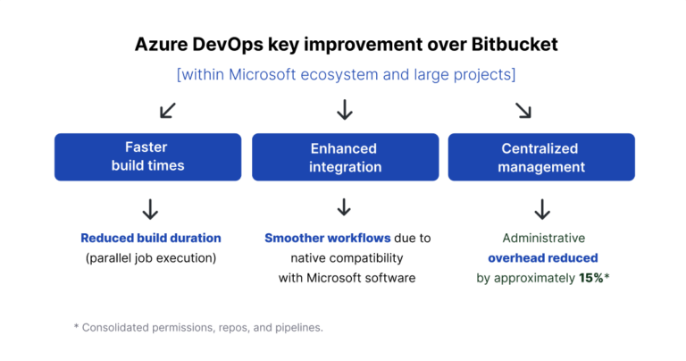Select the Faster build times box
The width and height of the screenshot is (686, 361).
(147, 157)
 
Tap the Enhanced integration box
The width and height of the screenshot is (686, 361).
(344, 157)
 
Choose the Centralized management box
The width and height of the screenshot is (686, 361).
(540, 157)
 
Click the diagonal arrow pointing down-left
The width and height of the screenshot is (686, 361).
(167, 110)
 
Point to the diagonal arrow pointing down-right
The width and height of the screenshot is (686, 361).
(523, 110)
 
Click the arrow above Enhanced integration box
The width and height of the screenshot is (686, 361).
(345, 110)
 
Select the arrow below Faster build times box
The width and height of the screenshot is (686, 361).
(150, 209)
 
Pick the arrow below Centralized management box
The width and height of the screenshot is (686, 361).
(541, 209)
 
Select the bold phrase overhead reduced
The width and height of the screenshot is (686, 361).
(542, 258)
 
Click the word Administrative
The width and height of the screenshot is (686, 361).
(542, 239)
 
